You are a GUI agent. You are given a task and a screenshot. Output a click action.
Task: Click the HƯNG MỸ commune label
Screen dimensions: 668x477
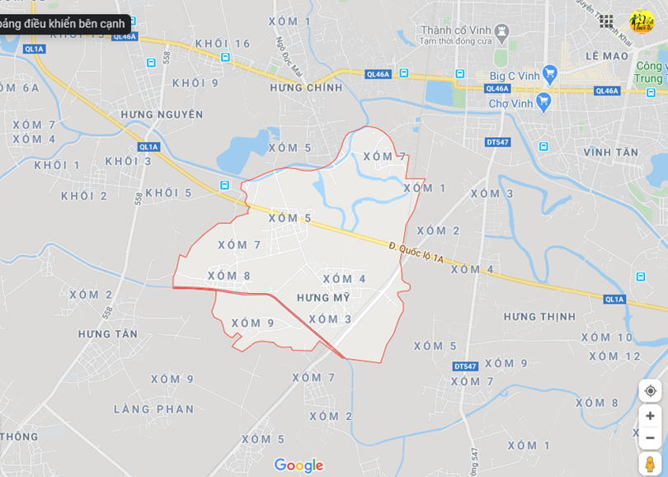[x=325, y=298]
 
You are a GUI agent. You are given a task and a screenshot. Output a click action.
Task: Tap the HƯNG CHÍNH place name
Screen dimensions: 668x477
[x=306, y=87]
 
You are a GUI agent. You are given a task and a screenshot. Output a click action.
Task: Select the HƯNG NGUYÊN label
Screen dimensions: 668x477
[x=162, y=114]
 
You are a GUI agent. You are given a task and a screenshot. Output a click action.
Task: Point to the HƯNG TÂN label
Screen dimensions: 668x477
[x=108, y=333]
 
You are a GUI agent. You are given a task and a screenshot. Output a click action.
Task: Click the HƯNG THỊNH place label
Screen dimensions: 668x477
[x=540, y=317]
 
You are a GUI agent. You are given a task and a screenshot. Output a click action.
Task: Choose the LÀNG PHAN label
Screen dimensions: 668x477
[x=154, y=409]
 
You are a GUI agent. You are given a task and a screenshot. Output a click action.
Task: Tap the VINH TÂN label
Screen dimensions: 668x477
[x=611, y=153]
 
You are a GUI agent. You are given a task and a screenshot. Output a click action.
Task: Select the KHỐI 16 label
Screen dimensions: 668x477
[x=223, y=44]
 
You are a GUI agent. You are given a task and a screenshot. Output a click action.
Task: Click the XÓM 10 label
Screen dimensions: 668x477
[x=607, y=338]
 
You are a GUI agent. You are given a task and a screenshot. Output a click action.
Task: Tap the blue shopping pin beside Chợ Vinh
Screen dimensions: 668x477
[x=543, y=102]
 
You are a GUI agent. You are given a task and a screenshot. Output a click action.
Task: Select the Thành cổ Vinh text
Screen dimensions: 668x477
[x=456, y=31]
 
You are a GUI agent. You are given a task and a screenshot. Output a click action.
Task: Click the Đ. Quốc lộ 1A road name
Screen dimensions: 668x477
[x=416, y=253]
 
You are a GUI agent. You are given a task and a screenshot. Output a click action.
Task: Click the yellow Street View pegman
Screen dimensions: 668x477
[x=650, y=464]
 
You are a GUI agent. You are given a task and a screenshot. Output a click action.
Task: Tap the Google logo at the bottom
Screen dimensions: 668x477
[x=299, y=465]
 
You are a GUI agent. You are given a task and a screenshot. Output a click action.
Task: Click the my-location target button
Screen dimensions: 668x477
[x=650, y=390]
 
